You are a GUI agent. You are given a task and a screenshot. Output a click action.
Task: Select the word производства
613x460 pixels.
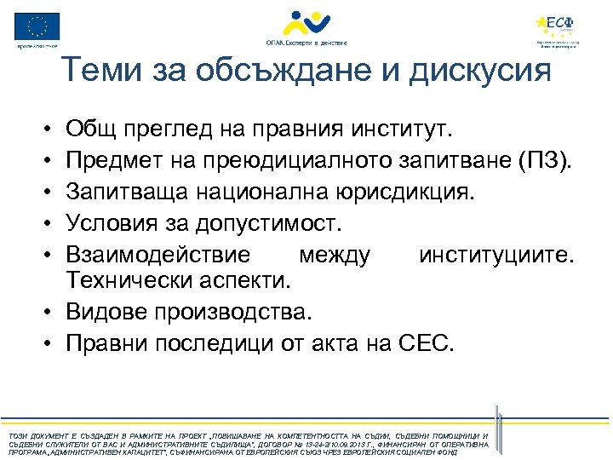[x=243, y=313]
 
